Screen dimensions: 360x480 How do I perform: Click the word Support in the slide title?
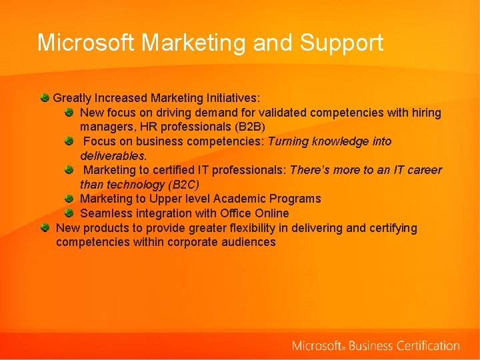(341, 43)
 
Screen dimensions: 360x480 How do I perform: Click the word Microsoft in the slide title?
(87, 43)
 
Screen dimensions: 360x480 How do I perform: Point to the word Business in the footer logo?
(371, 345)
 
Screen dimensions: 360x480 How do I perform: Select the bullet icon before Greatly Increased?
(44, 98)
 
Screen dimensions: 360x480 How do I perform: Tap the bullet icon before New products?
(44, 227)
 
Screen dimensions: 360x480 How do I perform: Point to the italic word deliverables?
(113, 156)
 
